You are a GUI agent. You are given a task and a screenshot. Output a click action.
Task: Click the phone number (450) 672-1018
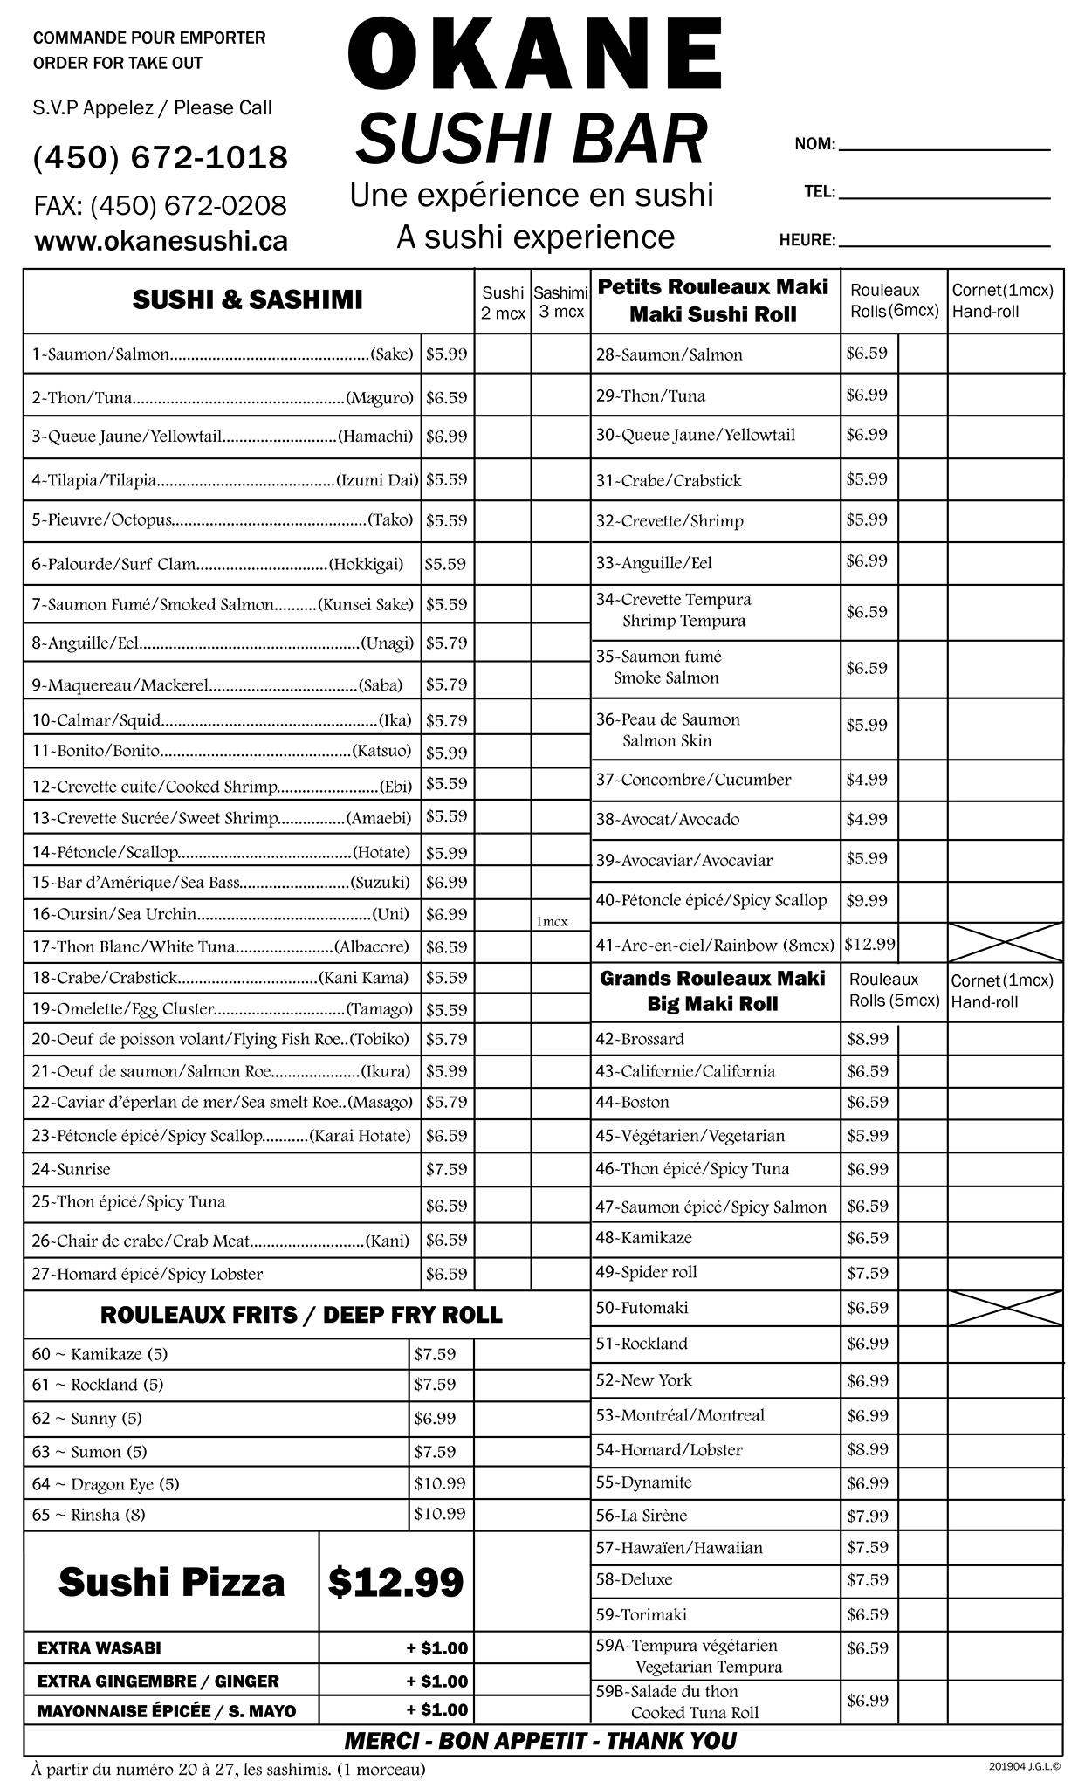click(x=161, y=158)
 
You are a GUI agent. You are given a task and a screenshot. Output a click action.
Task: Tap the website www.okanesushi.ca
click(x=161, y=241)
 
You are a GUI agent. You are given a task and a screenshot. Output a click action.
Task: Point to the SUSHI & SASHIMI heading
click(x=247, y=300)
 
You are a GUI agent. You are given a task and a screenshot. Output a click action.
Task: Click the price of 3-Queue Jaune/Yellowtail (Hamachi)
click(x=446, y=437)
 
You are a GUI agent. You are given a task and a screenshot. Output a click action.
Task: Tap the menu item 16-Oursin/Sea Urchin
click(x=113, y=914)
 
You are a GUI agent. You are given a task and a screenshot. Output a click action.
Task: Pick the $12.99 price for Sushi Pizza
click(x=395, y=1581)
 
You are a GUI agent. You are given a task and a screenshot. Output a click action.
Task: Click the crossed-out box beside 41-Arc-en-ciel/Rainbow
click(x=1006, y=942)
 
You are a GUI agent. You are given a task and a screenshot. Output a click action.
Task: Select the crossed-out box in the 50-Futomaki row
click(x=1006, y=1308)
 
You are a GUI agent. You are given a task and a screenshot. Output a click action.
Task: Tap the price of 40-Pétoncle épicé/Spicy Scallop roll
click(x=866, y=900)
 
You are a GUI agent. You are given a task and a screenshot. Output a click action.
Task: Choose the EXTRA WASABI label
click(x=99, y=1648)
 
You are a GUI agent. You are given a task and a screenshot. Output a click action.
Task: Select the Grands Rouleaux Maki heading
click(x=712, y=979)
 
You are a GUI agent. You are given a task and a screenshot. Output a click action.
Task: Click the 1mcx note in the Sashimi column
click(x=552, y=922)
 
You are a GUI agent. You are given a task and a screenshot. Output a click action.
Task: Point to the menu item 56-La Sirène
click(x=642, y=1516)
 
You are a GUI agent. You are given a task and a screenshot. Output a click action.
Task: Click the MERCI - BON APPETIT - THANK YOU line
click(x=540, y=1741)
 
